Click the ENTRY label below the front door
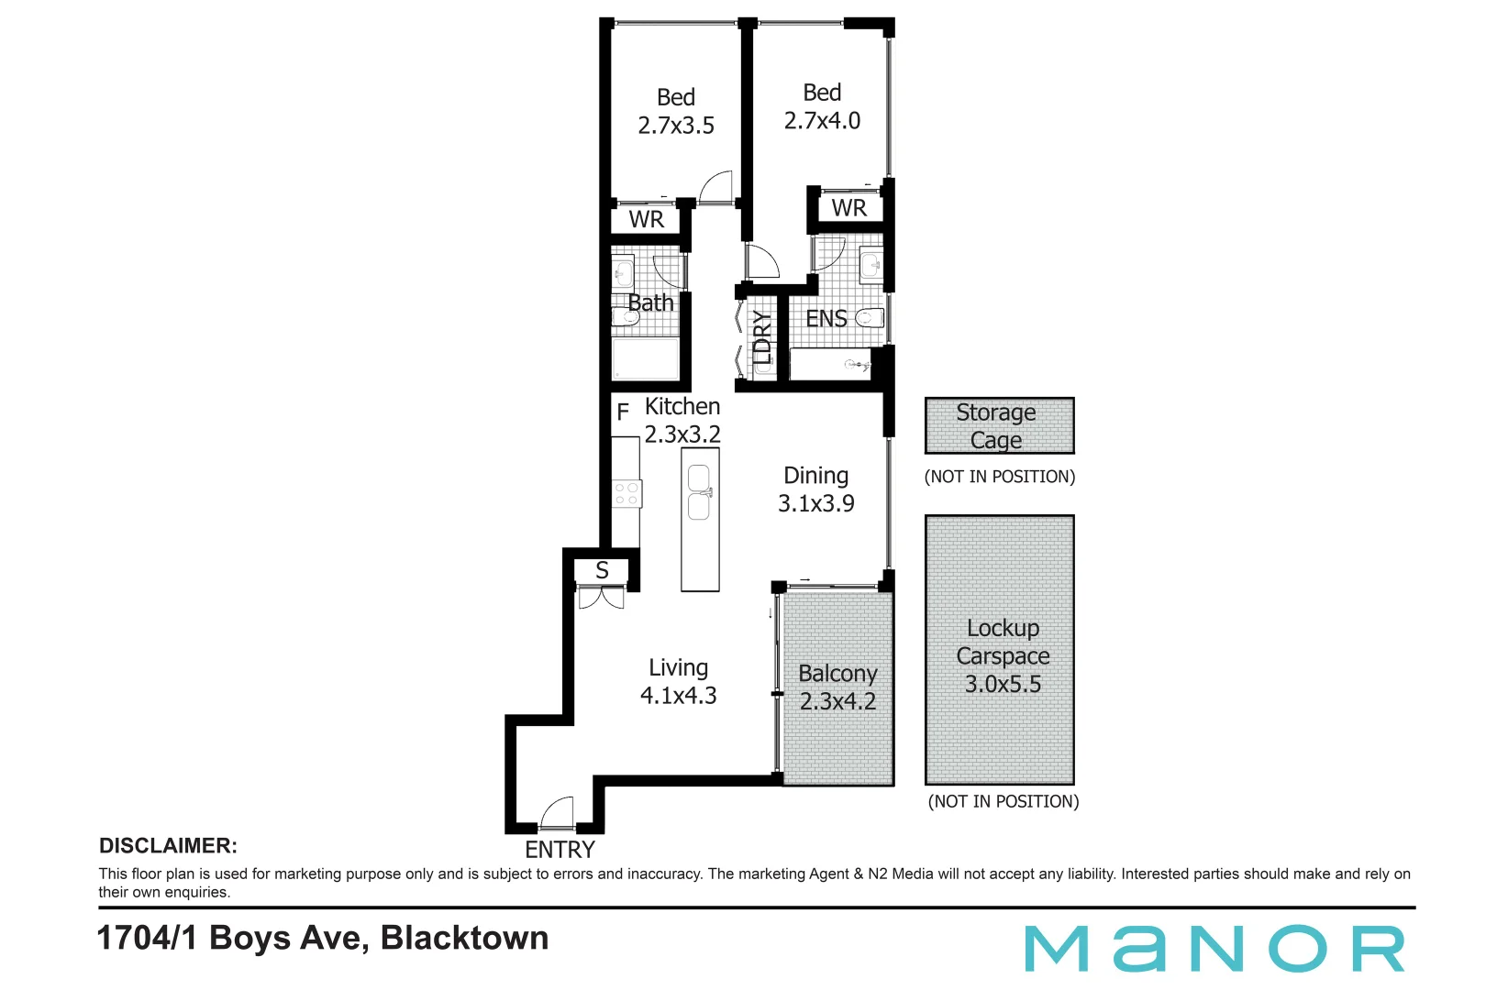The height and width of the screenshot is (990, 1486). point(560,850)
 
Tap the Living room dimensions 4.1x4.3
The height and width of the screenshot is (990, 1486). point(678,696)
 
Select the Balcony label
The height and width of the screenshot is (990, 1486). point(837,674)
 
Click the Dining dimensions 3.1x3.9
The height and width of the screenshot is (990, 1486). point(815,503)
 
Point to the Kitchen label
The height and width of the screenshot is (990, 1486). point(682,406)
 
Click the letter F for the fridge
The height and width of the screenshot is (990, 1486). point(623,412)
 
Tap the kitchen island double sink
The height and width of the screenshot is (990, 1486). point(699,492)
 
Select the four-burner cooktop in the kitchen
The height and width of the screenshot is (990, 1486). point(627,494)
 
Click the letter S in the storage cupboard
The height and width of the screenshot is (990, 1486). point(602,570)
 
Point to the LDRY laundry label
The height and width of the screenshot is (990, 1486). point(761,337)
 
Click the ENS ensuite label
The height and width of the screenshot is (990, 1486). point(826,319)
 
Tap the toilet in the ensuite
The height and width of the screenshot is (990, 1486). point(870,318)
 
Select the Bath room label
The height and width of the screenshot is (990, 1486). point(650,302)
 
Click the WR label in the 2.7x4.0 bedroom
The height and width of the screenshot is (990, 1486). point(848,208)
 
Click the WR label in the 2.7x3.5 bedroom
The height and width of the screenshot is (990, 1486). point(646,220)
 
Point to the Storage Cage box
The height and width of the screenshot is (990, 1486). point(999,425)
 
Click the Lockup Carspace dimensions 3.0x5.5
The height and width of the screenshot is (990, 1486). point(1003,684)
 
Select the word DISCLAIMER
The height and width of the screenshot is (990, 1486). point(168,846)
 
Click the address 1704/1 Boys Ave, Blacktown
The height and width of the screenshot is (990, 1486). point(323,938)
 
